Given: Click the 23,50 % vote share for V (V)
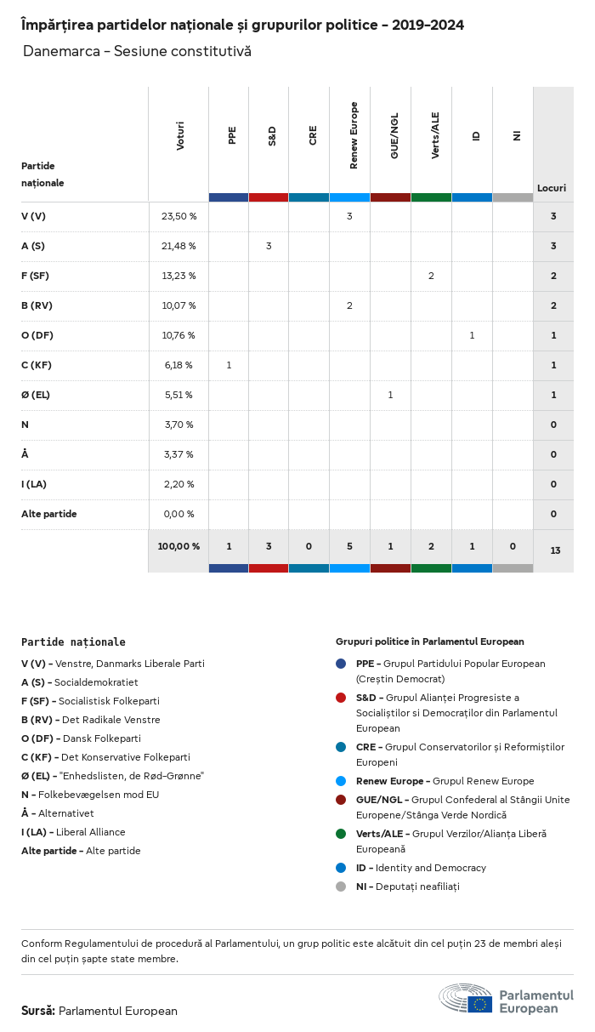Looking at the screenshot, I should click(x=178, y=216).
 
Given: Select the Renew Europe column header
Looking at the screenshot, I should click(x=354, y=135).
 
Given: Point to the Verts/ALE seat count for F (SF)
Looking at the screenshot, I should click(x=431, y=276).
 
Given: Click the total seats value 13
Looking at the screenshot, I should click(x=555, y=550).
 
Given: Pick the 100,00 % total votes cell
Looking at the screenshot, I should click(x=178, y=546).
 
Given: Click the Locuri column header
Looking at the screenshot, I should click(x=552, y=188).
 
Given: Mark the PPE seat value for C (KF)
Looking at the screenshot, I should click(x=229, y=365).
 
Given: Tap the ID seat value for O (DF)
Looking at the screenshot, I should click(x=472, y=335).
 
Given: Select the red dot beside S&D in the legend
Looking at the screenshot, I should click(x=341, y=698).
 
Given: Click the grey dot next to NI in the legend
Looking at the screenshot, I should click(x=341, y=887).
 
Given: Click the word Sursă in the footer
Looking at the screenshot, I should click(x=38, y=1011).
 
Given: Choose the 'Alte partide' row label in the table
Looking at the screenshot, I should click(x=49, y=514).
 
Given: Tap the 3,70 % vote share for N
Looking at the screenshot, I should click(x=178, y=425).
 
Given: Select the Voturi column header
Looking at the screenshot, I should click(x=180, y=136).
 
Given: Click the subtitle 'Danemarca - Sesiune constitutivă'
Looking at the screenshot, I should click(x=137, y=52).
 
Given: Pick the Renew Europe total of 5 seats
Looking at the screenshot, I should click(x=349, y=546).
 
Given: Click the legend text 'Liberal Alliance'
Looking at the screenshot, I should click(x=90, y=832).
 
